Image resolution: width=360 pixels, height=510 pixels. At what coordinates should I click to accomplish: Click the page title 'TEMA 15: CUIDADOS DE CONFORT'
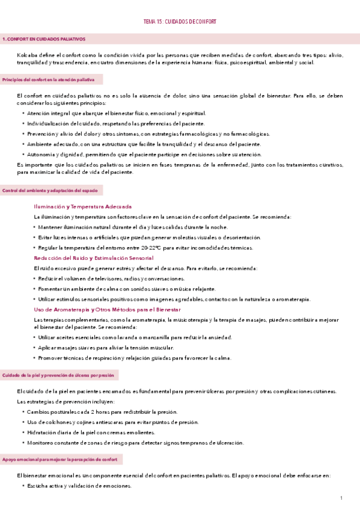click(180, 21)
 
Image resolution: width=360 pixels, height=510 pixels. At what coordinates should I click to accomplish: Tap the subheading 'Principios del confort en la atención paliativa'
click(52, 79)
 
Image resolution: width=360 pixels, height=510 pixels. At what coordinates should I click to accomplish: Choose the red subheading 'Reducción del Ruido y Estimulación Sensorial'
click(94, 257)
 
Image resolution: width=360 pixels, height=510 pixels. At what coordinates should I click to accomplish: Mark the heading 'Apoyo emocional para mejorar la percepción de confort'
click(61, 459)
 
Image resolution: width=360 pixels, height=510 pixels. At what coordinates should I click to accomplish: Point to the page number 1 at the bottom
click(341, 499)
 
